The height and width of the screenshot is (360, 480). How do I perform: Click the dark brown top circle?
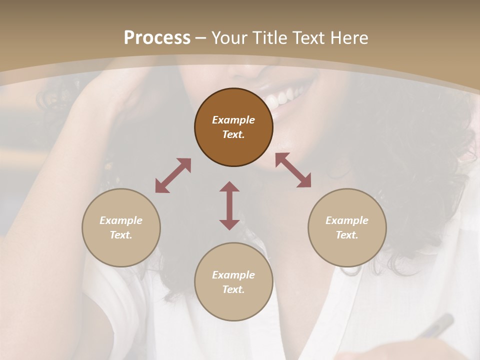point(233,127)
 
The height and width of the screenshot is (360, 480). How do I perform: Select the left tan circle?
point(121,227)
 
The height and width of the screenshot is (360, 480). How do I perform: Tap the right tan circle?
point(347,227)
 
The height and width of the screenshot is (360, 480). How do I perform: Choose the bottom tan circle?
point(233,282)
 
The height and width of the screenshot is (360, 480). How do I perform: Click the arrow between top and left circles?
point(173,175)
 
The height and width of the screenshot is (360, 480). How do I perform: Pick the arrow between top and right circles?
point(293,170)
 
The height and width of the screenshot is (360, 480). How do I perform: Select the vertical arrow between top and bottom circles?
point(229,205)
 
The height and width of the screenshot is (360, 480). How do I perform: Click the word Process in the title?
point(157,38)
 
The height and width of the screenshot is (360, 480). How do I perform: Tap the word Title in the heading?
point(270,38)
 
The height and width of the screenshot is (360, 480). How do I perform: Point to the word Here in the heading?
point(349,38)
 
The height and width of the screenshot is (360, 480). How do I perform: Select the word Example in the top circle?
point(233,120)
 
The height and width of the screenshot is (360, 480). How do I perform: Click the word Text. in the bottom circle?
point(233,289)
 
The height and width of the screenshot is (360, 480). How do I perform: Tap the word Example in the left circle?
point(121,220)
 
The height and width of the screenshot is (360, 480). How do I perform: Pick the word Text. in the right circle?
point(347,235)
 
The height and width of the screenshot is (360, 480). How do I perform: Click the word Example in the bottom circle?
point(233,275)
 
